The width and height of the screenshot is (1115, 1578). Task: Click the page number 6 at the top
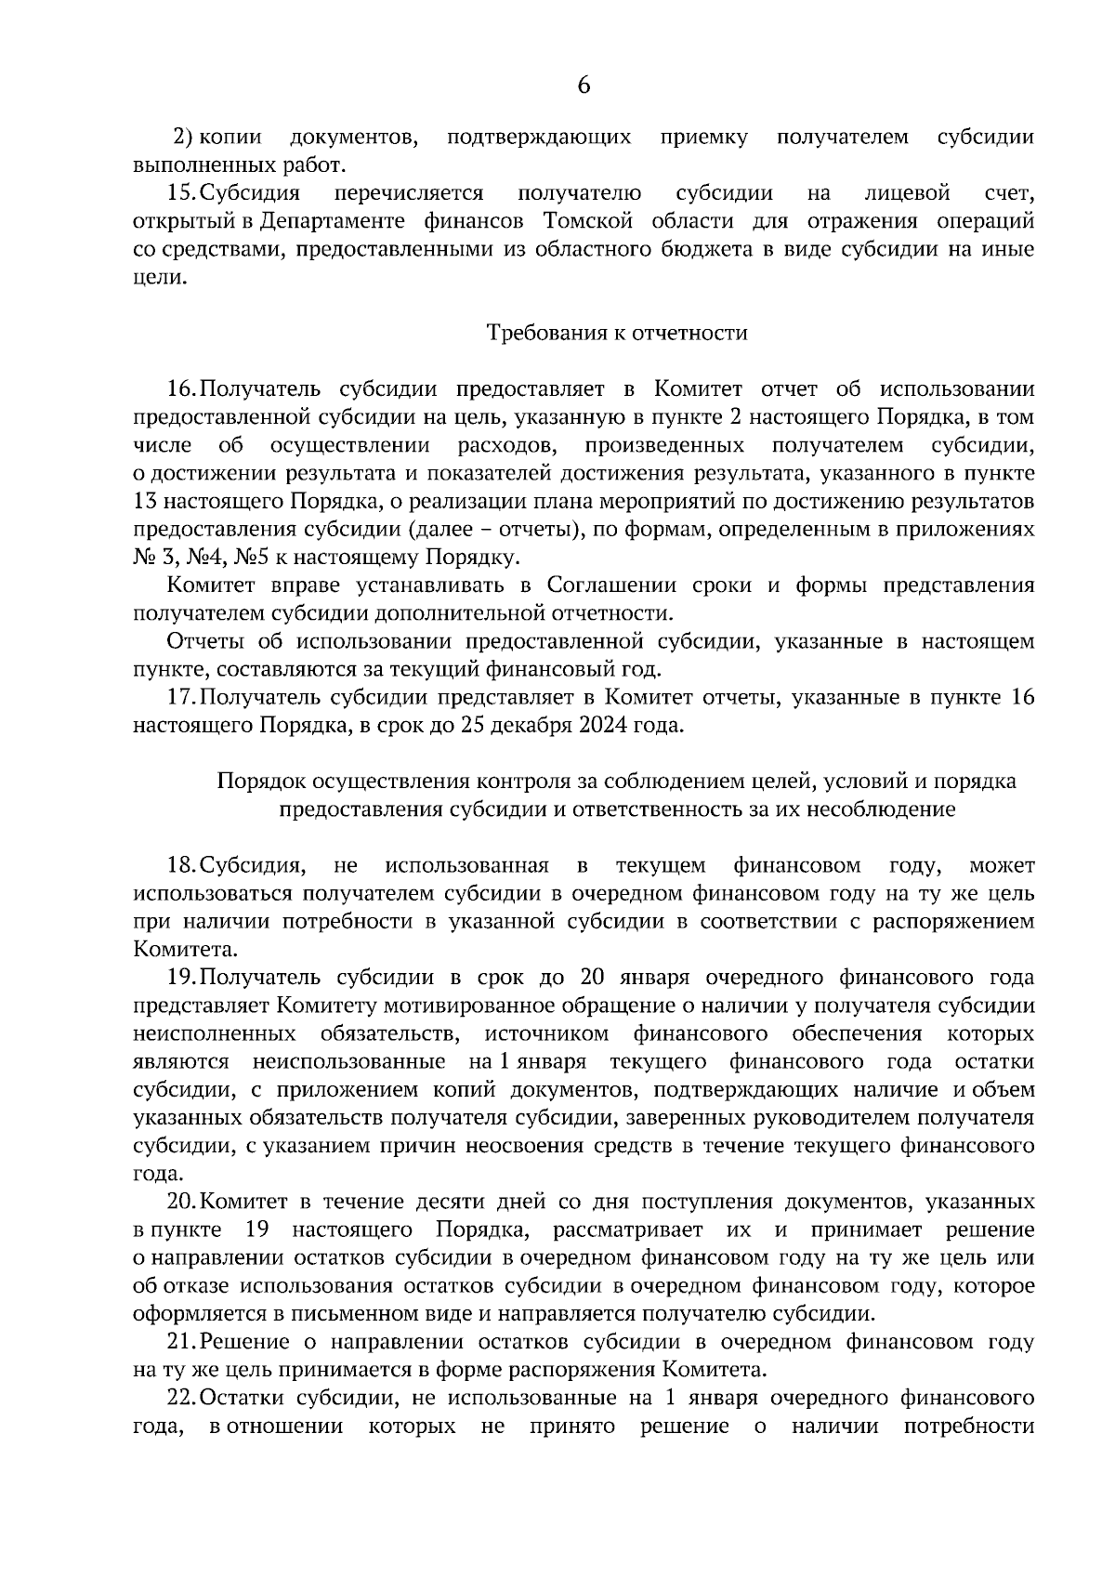tap(584, 85)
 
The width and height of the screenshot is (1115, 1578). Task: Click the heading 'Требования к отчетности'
tap(618, 333)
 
